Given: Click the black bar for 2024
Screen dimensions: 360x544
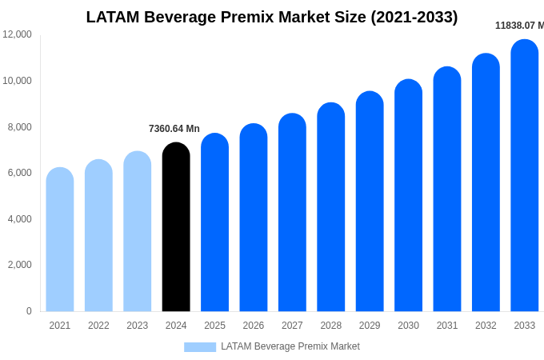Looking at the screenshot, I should coord(176,228).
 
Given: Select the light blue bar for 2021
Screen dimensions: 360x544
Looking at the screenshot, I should coord(60,240).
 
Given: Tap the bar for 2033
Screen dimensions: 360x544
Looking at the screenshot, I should coord(525,176).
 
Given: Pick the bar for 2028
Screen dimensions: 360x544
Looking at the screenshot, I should coord(331,208).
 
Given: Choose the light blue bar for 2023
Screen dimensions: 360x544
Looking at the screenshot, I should coord(138,232).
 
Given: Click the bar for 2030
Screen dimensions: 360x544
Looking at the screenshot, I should coord(408,196).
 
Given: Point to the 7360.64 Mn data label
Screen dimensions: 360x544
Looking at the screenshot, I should coord(174,129).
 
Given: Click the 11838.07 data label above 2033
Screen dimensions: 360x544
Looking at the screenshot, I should coord(518,26).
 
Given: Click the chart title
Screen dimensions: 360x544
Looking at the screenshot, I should coord(272,17).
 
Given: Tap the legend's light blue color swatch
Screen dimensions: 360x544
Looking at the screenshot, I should coord(200,346).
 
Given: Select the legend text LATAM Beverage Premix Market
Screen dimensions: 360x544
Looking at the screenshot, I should coord(290,346).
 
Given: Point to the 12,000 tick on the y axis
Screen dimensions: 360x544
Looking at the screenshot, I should coord(18,34).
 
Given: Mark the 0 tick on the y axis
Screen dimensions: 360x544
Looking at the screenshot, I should coord(29,311).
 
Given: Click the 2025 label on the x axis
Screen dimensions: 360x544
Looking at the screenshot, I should coord(214,326).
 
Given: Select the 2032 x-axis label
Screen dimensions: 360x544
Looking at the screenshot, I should coord(486,326).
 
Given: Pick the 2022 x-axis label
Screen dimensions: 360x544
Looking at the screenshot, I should coord(98,326).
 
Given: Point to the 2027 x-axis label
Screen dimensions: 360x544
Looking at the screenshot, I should coord(292,326).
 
